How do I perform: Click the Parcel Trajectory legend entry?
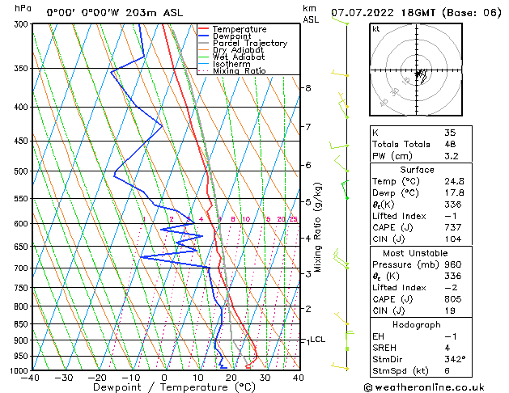pyautogui.click(x=249, y=43)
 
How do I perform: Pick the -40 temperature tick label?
pyautogui.click(x=31, y=378)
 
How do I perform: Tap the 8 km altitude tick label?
pyautogui.click(x=308, y=87)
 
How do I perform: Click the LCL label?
pyautogui.click(x=318, y=340)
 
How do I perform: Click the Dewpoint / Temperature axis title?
pyautogui.click(x=163, y=387)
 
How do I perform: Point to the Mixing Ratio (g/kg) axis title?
pyautogui.click(x=318, y=226)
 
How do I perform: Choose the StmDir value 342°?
pyautogui.click(x=454, y=359)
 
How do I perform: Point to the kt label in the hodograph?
pyautogui.click(x=376, y=29)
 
